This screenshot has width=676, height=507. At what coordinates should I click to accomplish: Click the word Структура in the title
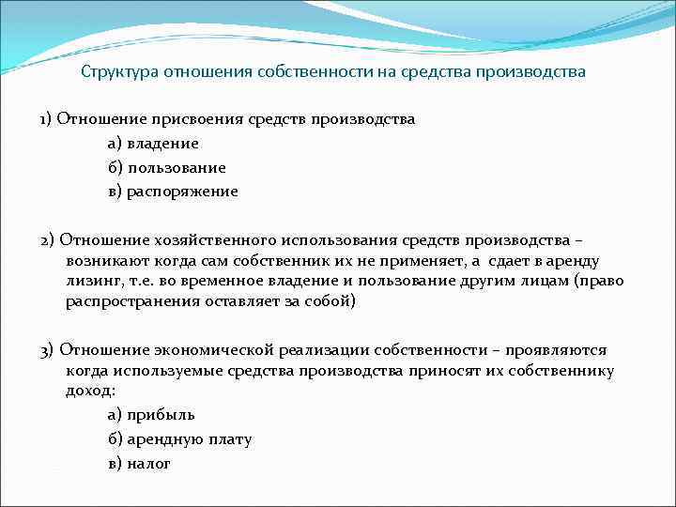tap(119, 72)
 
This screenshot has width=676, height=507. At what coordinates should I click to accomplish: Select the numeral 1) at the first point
tap(46, 119)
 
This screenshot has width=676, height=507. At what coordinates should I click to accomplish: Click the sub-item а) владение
tap(153, 144)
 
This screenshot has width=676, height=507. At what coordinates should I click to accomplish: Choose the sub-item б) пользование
tap(166, 167)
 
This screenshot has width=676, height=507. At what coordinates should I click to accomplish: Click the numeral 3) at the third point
tap(48, 349)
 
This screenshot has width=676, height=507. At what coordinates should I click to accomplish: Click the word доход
tap(86, 390)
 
